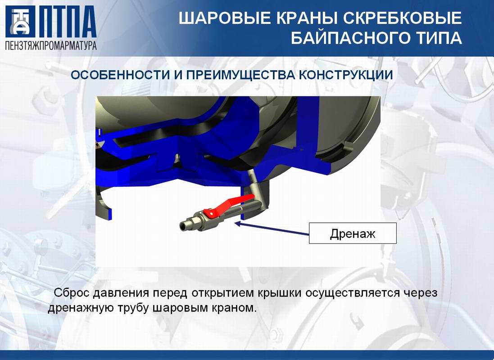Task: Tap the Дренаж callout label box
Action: tap(353, 233)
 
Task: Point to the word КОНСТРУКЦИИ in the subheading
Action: tap(345, 75)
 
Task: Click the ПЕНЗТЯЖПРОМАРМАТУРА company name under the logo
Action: tap(51, 45)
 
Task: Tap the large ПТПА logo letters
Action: tap(68, 22)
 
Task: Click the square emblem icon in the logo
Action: tap(20, 22)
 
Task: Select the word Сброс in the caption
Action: tap(72, 292)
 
